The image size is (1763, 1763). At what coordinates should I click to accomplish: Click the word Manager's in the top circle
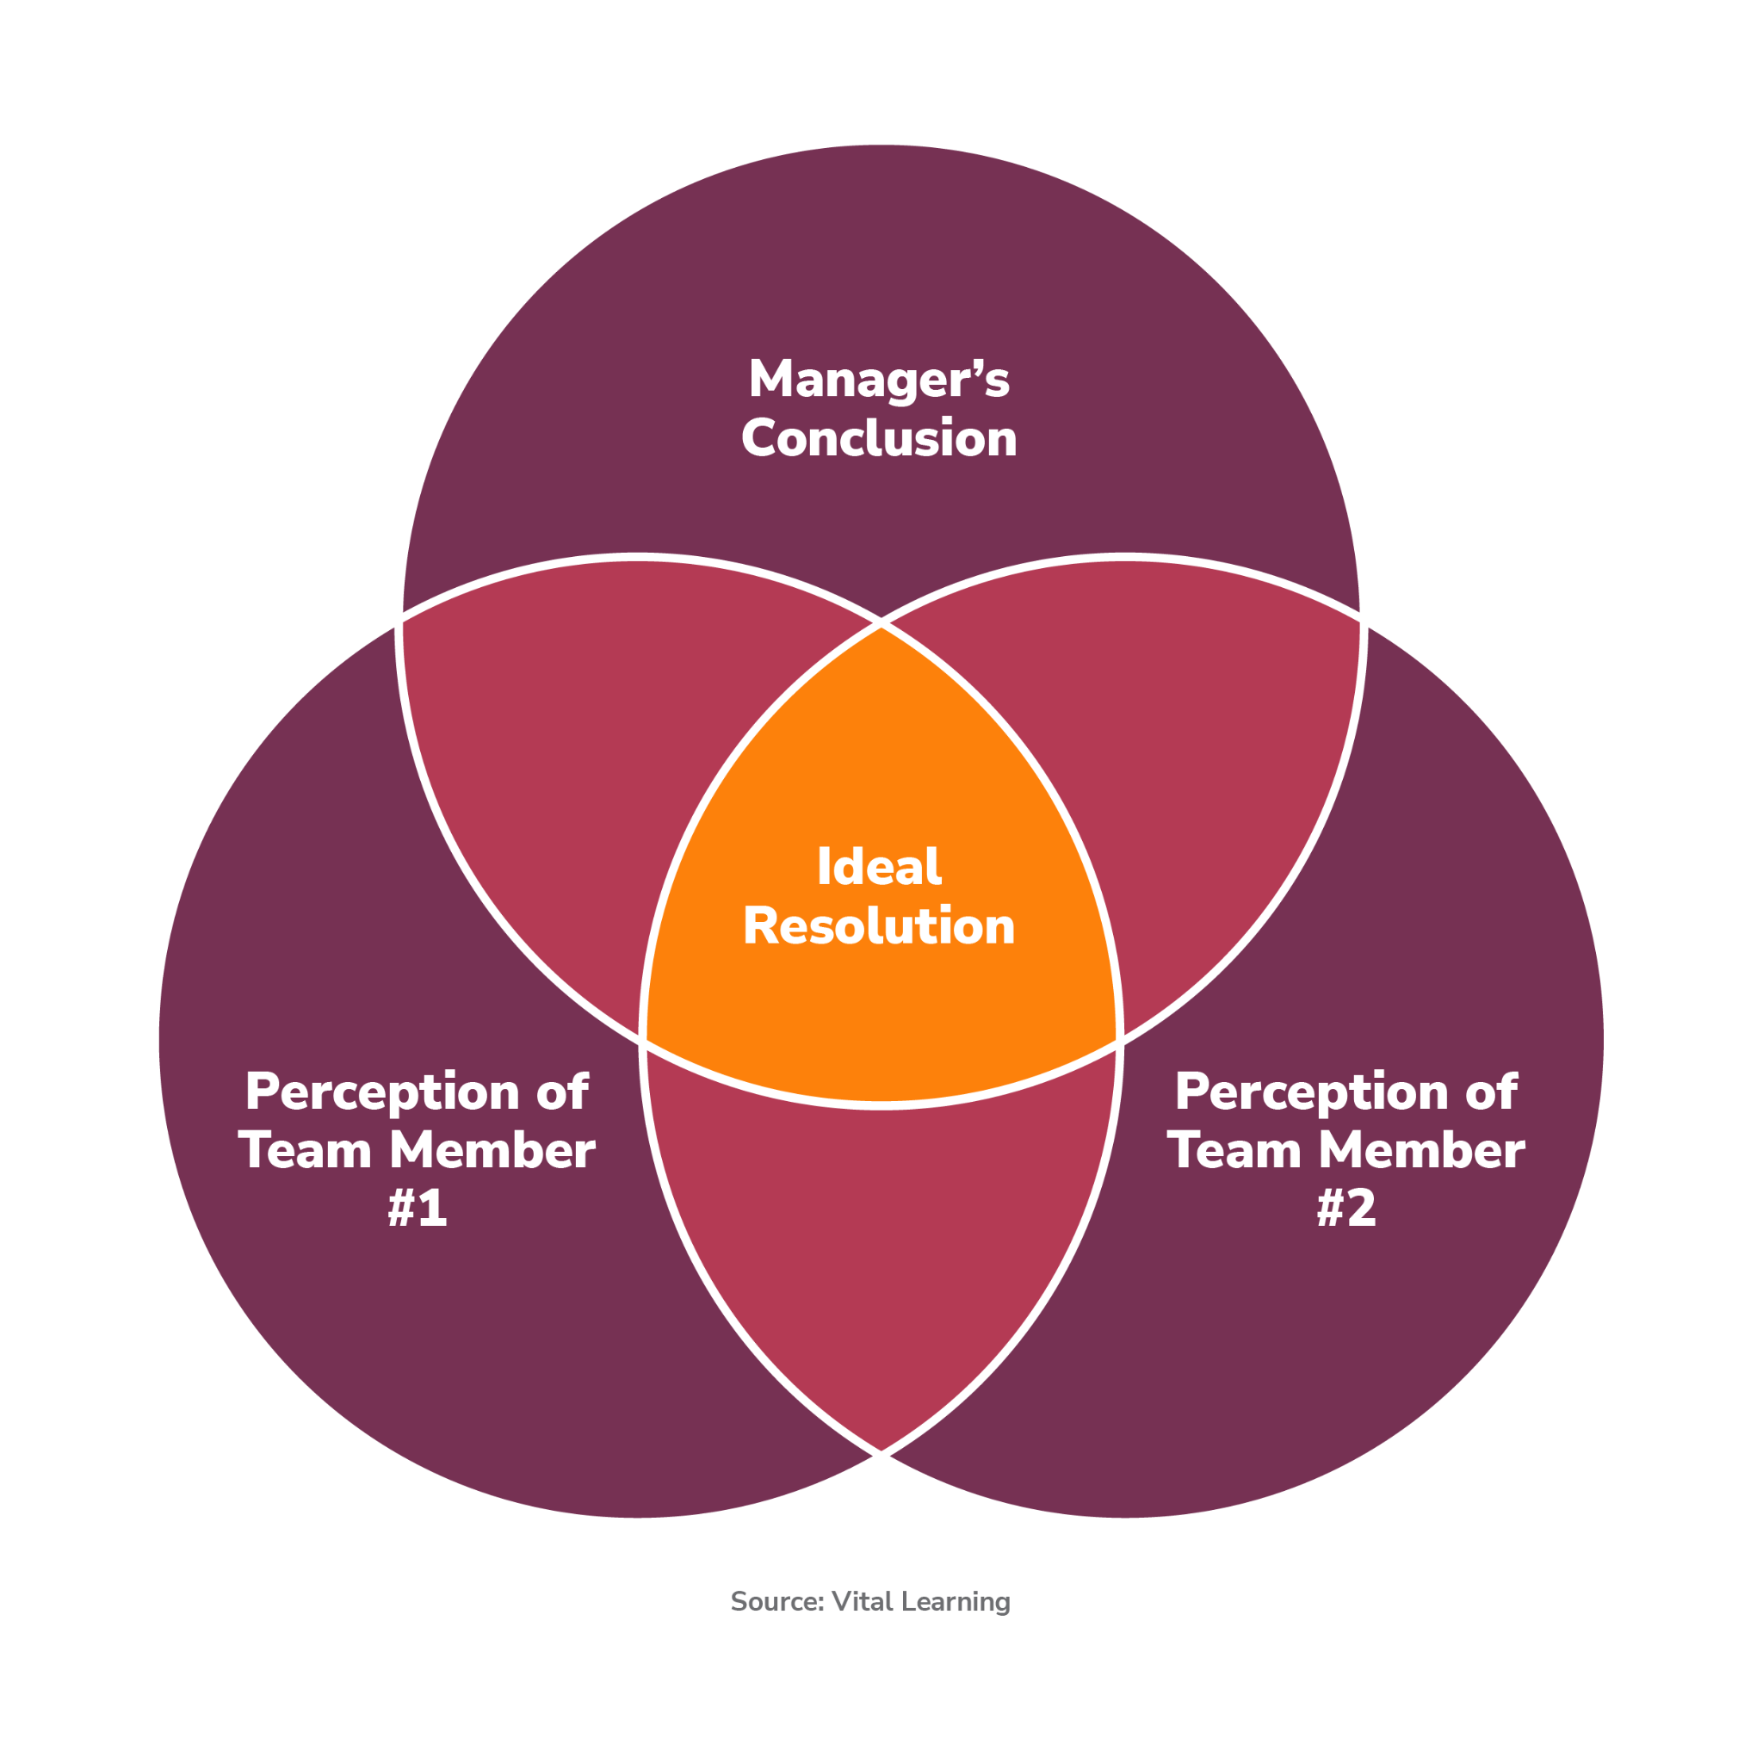[879, 379]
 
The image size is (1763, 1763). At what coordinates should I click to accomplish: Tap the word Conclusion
[879, 439]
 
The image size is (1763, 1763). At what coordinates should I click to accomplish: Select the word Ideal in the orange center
[879, 867]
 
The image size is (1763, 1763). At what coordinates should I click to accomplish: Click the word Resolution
[879, 926]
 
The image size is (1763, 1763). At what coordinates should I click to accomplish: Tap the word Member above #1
[492, 1150]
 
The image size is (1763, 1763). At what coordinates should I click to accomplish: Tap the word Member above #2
[1422, 1150]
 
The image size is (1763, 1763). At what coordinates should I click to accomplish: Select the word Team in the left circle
[305, 1150]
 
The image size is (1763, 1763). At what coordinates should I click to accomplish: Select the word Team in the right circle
[1234, 1150]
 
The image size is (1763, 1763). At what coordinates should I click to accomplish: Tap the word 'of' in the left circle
[562, 1092]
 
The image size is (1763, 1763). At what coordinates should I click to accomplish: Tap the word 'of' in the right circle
[1491, 1092]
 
